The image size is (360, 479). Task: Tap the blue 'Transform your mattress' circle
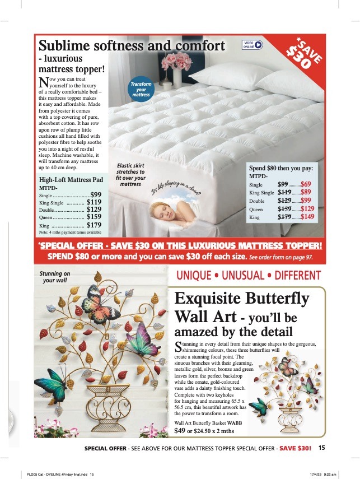[141, 90]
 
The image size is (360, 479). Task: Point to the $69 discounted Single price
[306, 184]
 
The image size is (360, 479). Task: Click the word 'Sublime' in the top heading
[66, 45]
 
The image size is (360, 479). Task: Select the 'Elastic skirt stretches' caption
[130, 175]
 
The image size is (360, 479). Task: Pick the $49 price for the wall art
[180, 431]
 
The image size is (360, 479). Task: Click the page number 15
[321, 448]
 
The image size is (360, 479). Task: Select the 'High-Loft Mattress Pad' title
[71, 180]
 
